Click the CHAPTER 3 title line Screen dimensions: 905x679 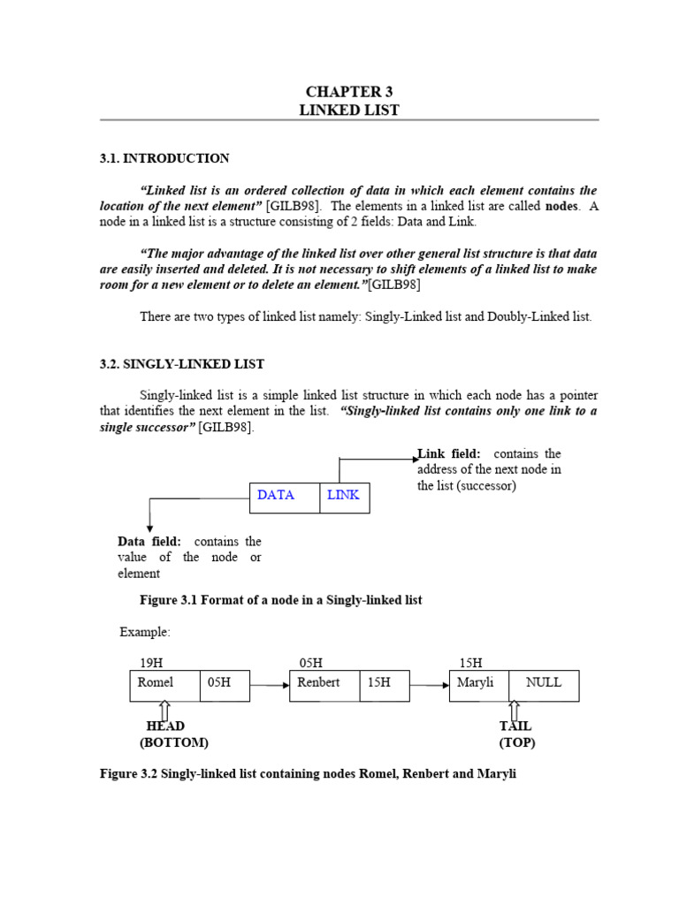[349, 92]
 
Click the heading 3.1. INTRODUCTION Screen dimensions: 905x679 [164, 158]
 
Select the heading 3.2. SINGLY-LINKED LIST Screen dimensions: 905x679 [182, 364]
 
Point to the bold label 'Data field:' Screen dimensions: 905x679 [149, 541]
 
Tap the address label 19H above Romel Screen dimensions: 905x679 [151, 663]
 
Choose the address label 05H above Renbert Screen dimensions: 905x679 [311, 663]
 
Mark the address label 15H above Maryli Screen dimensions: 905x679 [470, 663]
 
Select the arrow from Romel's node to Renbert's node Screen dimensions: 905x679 [270, 684]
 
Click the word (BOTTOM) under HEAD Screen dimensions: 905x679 [173, 742]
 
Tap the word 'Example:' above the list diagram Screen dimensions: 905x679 [145, 633]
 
